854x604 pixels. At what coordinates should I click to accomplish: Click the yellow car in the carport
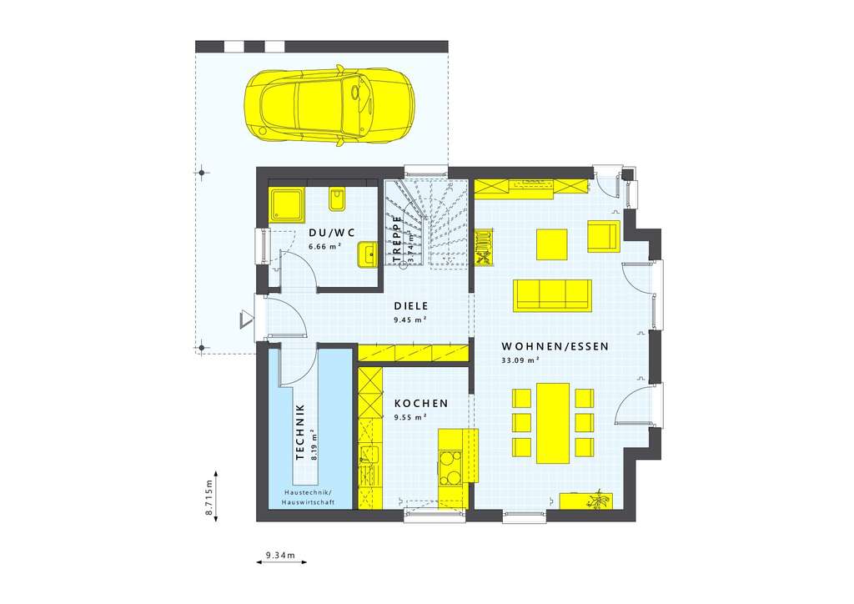coord(329,106)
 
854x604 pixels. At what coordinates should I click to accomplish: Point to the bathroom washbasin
coord(366,254)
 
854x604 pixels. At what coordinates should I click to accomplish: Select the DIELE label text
coord(410,306)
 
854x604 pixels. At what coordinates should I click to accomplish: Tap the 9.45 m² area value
coord(410,320)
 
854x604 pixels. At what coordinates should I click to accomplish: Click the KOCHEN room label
coord(421,403)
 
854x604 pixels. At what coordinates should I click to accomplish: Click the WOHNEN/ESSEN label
coord(555,346)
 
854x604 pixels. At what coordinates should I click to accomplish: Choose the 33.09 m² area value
coord(521,360)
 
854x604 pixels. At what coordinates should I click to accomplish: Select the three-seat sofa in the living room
coord(552,294)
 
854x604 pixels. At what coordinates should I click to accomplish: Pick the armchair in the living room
coord(603,236)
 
